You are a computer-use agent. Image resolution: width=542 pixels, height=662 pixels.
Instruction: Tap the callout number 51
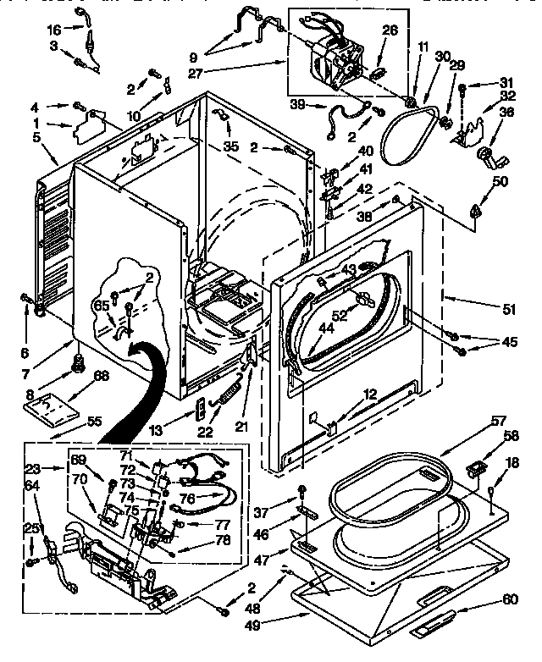point(508,310)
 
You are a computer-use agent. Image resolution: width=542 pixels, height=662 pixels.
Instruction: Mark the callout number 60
point(509,600)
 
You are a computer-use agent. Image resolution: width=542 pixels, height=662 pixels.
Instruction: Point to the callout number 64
point(32,485)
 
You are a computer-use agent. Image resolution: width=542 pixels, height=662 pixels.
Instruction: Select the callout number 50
point(500,181)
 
